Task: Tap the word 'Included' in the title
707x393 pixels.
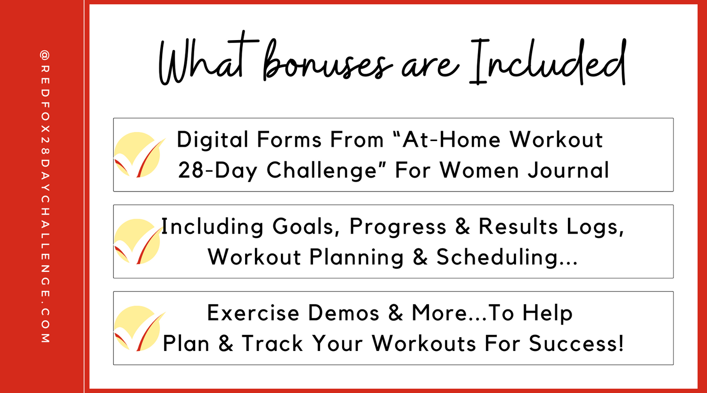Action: click(548, 62)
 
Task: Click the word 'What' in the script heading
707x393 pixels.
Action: click(208, 59)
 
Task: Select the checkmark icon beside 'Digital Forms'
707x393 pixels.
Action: click(139, 155)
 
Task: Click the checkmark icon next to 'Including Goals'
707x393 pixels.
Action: click(139, 242)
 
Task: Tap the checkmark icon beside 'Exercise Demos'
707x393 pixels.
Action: click(139, 328)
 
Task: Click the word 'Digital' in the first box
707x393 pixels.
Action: click(213, 140)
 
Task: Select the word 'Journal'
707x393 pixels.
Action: click(569, 170)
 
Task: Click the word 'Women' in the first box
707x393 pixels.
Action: click(479, 170)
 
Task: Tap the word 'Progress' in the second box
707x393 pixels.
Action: click(398, 227)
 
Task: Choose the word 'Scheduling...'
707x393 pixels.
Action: click(507, 257)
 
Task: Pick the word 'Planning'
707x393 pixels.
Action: click(356, 257)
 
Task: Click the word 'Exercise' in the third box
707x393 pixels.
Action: click(253, 313)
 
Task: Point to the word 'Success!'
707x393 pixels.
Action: click(576, 343)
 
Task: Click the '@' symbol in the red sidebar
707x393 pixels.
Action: click(45, 55)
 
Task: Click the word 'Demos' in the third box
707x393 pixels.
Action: click(344, 313)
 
